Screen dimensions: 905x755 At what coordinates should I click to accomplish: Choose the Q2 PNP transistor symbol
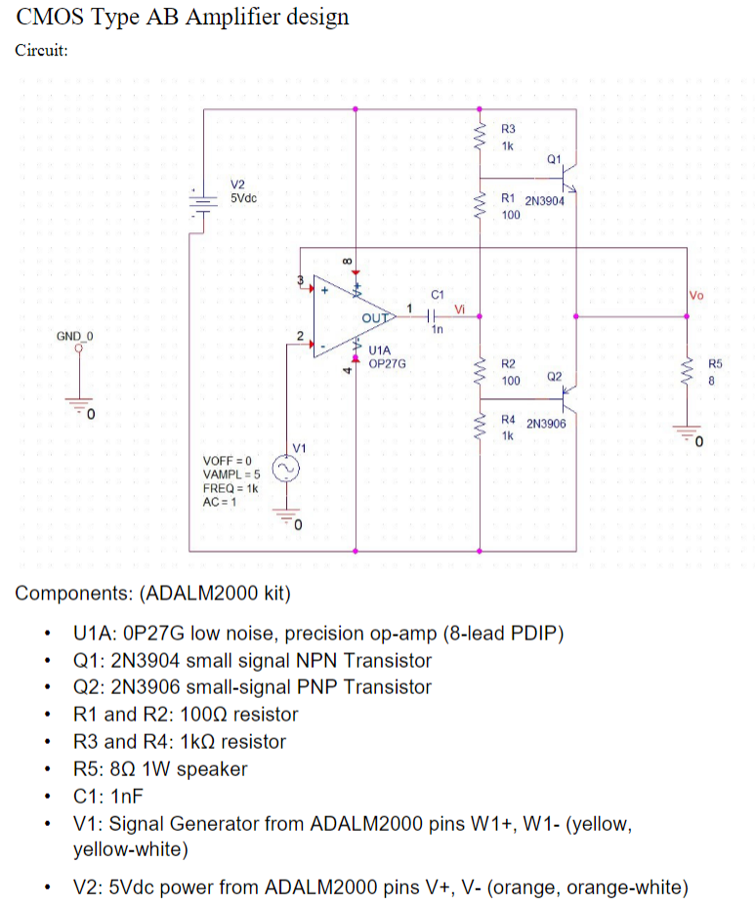(572, 396)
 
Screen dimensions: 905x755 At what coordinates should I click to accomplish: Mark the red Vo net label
(695, 295)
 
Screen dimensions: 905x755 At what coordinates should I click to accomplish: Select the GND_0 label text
(74, 335)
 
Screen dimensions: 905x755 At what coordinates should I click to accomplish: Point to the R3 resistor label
(507, 129)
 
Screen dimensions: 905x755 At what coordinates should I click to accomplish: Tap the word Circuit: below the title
(41, 52)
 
